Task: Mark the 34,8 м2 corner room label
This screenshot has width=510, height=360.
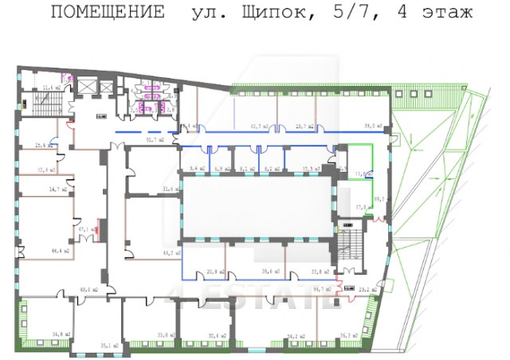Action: (62, 334)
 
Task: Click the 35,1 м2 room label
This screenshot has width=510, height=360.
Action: (110, 345)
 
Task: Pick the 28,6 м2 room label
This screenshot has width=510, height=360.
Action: (271, 272)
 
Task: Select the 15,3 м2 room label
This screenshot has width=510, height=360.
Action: (311, 169)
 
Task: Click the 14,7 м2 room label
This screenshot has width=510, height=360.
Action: (58, 190)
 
